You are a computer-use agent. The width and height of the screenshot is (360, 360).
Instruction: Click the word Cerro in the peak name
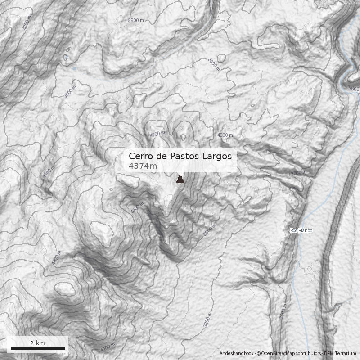coord(139,156)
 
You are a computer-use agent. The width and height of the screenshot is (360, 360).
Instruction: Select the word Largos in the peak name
coord(216,156)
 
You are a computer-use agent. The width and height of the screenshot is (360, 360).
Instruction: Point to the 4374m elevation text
coord(143,166)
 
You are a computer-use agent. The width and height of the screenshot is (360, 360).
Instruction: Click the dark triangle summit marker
coord(180,180)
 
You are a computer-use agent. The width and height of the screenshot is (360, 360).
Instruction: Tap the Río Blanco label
coord(301,231)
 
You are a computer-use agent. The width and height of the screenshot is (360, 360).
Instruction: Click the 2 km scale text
coord(37,343)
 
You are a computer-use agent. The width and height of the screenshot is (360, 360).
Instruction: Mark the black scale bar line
coord(37,348)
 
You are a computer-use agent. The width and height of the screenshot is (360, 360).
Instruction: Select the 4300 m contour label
coord(28,23)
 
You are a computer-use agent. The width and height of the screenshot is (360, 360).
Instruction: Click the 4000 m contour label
coord(225,135)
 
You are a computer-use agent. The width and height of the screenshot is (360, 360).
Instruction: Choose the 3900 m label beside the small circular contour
coord(213,64)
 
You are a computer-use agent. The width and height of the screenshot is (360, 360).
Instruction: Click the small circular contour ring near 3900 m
coord(221,58)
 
